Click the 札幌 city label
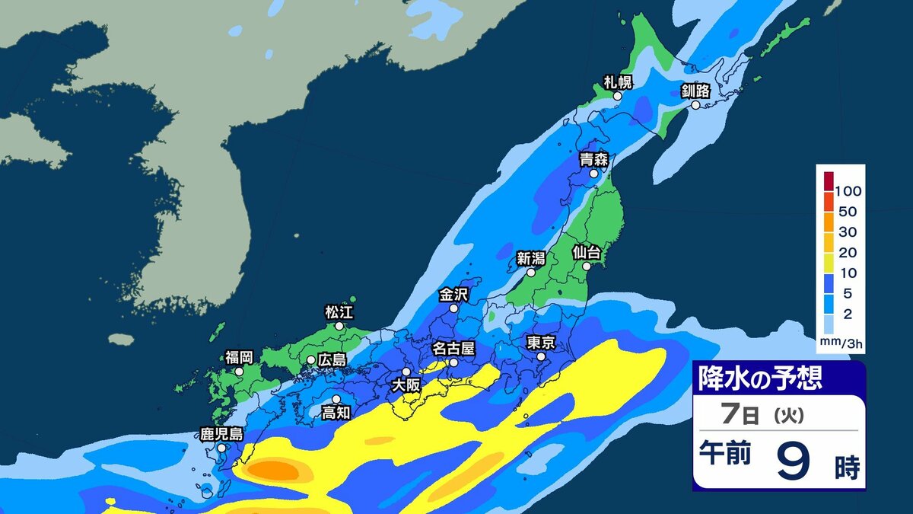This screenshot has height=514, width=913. [618, 81]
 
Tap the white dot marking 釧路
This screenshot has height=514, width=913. [695, 106]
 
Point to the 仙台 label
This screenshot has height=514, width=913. [587, 251]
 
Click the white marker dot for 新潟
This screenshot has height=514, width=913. [531, 271]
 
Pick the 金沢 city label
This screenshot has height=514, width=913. [454, 294]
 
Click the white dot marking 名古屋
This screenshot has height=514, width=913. [453, 363]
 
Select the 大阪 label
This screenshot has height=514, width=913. [406, 385]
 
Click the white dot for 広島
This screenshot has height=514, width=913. [311, 360]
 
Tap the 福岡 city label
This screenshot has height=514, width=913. [239, 356]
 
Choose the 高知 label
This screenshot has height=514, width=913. [336, 413]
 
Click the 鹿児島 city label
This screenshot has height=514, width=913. [221, 434]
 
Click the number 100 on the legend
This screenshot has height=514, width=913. [848, 190]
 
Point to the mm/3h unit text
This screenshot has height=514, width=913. [841, 345]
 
